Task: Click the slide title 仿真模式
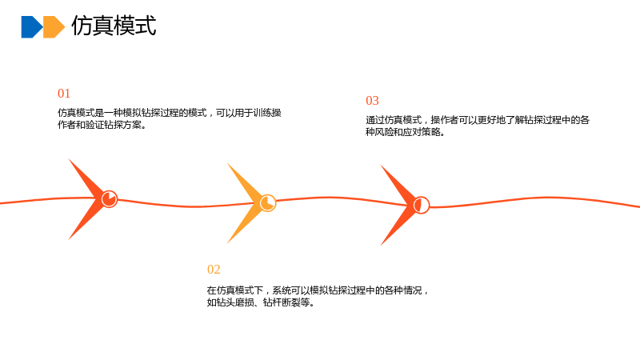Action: (x=114, y=26)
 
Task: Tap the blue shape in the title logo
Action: (x=31, y=27)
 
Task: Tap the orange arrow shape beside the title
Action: (x=54, y=27)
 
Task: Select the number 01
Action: (x=64, y=94)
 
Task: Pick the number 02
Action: (x=214, y=270)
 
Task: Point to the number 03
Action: (x=372, y=101)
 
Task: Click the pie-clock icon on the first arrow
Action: (x=110, y=199)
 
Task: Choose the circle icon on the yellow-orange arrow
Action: (x=268, y=203)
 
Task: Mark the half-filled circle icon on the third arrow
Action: (x=422, y=205)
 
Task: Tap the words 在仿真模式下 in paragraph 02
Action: (x=234, y=290)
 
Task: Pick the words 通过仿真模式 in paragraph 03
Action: (x=394, y=120)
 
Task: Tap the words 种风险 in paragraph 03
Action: (x=379, y=132)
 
